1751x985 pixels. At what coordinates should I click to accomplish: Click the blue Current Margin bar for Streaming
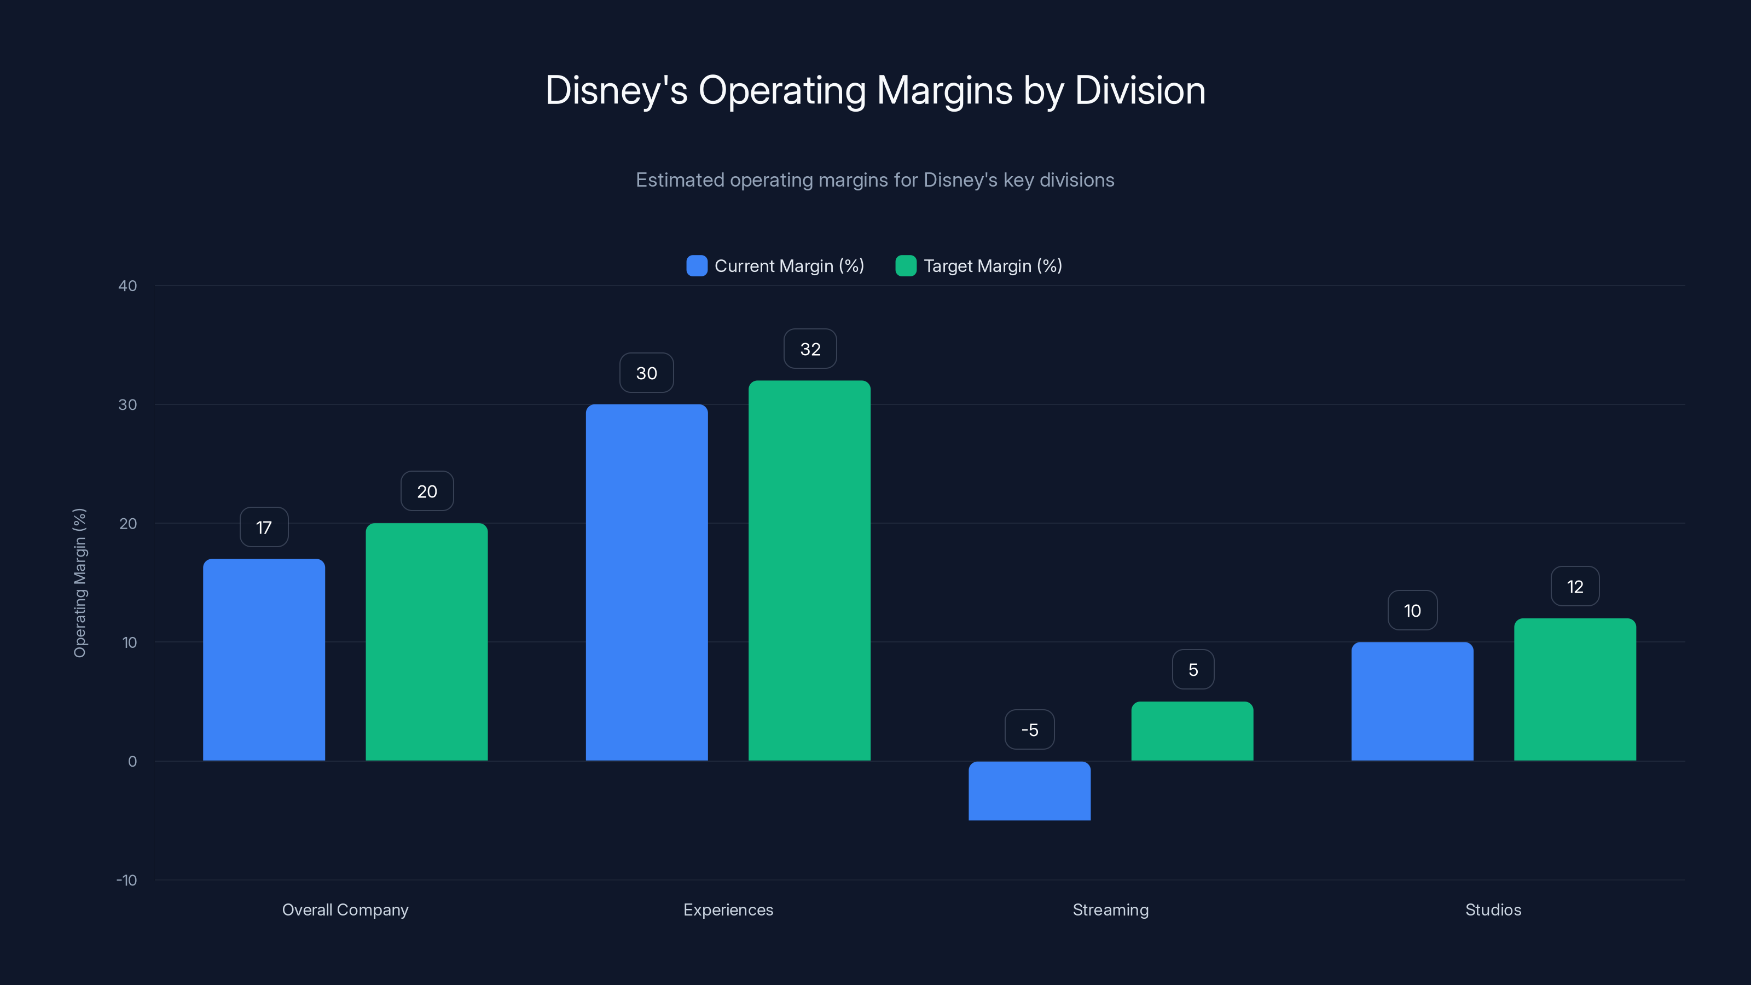point(1029,791)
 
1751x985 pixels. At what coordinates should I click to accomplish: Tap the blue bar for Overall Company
point(264,659)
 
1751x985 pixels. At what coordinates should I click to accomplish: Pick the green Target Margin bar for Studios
point(1574,690)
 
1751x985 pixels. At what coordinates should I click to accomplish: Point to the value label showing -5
point(1029,729)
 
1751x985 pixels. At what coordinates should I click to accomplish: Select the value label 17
point(264,527)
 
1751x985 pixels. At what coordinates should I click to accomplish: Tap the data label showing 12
point(1574,586)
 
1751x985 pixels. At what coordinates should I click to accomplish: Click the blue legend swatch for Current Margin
point(697,266)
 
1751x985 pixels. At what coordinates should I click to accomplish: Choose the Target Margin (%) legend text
point(993,266)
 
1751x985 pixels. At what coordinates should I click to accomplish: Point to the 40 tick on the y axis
point(128,286)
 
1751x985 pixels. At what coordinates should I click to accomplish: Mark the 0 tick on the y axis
point(132,761)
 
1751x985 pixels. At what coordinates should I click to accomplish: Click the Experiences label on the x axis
point(728,909)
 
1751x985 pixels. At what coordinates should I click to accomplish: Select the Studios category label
point(1493,909)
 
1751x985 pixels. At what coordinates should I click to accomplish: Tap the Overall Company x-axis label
point(345,909)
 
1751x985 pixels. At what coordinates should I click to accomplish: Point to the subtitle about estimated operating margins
point(875,179)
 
